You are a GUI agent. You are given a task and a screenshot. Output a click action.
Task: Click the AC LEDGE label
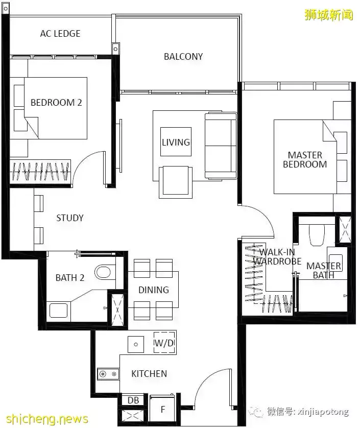coord(60,34)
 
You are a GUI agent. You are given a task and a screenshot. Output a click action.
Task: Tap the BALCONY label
coord(183,57)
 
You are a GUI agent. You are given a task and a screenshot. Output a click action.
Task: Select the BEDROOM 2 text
coord(56,102)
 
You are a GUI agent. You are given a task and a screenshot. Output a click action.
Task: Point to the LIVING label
coord(176,142)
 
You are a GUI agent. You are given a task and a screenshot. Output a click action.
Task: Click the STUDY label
coord(70,218)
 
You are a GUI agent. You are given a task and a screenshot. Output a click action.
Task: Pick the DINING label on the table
coord(153,290)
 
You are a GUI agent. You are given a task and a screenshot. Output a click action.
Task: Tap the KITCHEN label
coord(149,373)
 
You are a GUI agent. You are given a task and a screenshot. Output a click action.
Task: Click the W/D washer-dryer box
coord(164,343)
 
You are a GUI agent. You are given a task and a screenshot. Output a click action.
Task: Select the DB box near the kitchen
coord(133,400)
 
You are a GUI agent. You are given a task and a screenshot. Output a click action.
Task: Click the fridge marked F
coord(163,409)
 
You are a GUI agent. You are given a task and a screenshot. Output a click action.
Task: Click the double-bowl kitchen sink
coord(108,374)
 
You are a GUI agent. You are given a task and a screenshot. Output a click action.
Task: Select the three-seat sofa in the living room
coord(221,146)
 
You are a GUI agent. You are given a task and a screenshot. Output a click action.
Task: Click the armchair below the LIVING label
coord(176,182)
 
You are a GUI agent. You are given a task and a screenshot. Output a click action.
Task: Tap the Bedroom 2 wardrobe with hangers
coord(40,172)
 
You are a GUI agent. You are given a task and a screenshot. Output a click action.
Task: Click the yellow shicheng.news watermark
coord(46,418)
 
